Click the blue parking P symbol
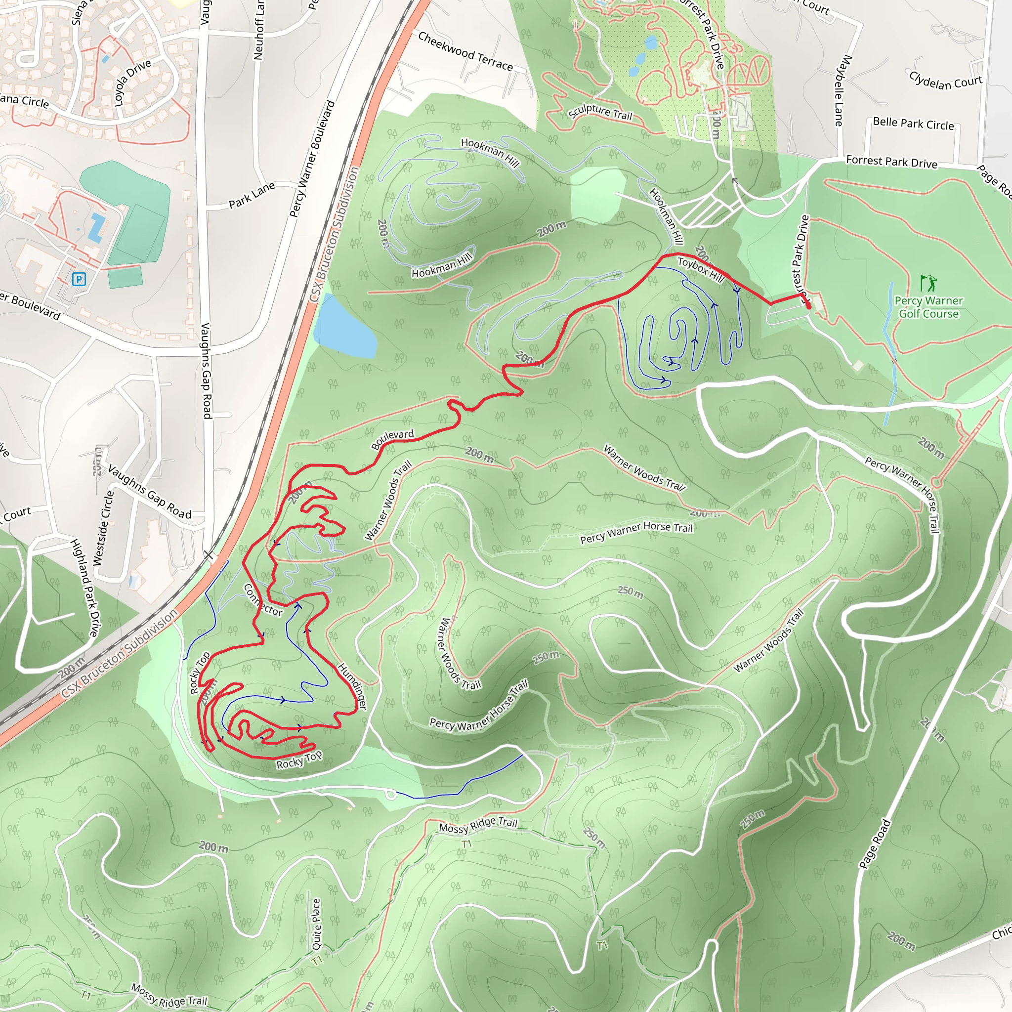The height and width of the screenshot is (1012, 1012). tap(79, 279)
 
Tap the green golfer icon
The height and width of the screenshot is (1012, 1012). tap(928, 283)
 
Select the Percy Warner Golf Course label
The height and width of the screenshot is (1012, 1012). tap(928, 307)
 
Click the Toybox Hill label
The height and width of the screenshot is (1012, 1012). tap(700, 270)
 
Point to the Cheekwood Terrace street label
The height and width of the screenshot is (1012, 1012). tap(465, 51)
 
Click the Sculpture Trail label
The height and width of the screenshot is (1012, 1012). tap(600, 112)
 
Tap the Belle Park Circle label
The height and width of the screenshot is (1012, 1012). tap(913, 124)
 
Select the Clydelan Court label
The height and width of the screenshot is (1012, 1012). tap(945, 81)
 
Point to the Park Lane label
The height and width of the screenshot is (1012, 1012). tap(252, 195)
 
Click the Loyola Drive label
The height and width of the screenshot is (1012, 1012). tap(132, 82)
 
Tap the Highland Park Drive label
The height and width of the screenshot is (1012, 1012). tap(84, 588)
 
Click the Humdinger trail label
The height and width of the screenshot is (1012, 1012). tap(352, 686)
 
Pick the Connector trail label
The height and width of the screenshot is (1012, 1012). tap(262, 600)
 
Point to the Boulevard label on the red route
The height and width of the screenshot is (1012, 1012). tap(392, 439)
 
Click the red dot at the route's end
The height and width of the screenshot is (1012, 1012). tap(808, 304)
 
